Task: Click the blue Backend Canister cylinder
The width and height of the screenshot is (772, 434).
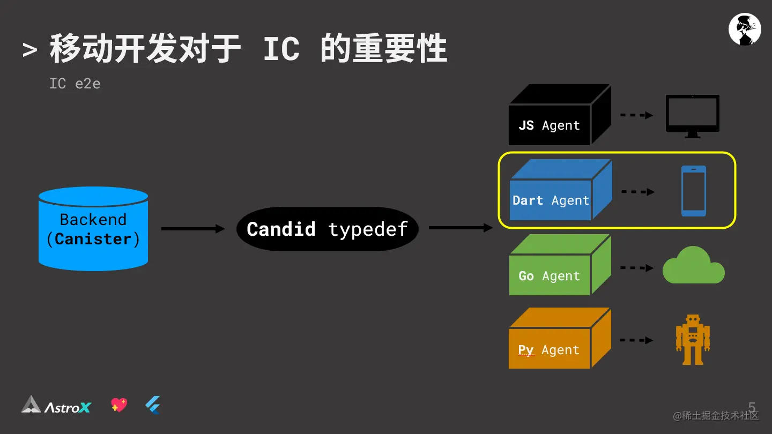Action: click(x=93, y=229)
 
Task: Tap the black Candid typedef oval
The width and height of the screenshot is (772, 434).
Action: click(x=327, y=229)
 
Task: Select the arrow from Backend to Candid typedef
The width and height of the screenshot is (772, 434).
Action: click(x=193, y=229)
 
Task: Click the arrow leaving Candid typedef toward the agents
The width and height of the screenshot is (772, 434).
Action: click(x=460, y=228)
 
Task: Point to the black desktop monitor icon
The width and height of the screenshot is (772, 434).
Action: click(x=692, y=115)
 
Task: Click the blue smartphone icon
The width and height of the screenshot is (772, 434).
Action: click(x=693, y=191)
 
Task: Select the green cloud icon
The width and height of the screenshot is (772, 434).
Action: click(x=693, y=266)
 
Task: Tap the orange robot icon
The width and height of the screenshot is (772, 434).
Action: click(x=693, y=339)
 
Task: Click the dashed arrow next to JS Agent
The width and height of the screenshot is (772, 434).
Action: click(x=636, y=115)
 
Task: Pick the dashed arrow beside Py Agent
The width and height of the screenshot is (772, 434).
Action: click(x=636, y=340)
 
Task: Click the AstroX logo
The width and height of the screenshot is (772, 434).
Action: click(x=56, y=406)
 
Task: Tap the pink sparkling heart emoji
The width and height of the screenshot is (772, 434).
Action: click(x=119, y=405)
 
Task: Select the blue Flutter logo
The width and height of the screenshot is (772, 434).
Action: click(x=153, y=406)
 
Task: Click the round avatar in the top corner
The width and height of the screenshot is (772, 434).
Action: click(x=745, y=29)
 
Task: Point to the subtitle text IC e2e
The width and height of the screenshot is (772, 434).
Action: click(x=75, y=84)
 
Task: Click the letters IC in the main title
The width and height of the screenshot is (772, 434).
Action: click(x=281, y=49)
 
